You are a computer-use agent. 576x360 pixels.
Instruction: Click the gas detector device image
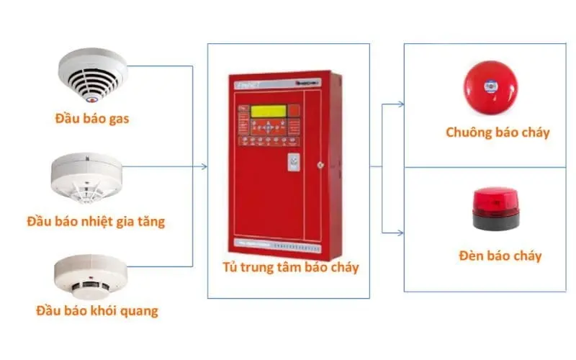(92, 75)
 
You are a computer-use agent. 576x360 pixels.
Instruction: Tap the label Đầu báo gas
(91, 118)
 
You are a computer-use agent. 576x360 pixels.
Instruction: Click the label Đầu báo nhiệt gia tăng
(95, 220)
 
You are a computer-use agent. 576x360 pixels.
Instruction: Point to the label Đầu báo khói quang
(96, 312)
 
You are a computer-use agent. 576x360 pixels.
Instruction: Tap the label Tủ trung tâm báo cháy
(290, 269)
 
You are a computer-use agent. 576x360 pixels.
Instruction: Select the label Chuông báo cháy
(497, 132)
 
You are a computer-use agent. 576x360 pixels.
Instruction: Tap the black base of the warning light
(495, 221)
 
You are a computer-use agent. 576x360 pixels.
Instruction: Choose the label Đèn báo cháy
(500, 256)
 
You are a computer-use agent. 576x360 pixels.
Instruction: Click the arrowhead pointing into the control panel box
(204, 167)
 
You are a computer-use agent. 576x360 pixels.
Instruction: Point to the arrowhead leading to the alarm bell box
(400, 104)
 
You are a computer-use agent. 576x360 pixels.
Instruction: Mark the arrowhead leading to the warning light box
(400, 232)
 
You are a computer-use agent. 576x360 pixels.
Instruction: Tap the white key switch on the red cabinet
(294, 163)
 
